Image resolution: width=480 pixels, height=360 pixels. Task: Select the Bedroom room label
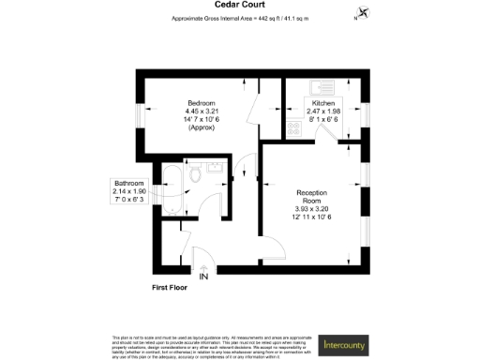202,102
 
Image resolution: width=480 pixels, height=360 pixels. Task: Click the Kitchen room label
322,102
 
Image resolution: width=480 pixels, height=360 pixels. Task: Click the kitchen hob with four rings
294,129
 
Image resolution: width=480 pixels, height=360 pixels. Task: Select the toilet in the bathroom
193,175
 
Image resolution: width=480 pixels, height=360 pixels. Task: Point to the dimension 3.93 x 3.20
313,209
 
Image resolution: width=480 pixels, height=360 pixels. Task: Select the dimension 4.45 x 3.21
202,111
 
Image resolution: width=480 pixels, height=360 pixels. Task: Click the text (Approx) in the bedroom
202,127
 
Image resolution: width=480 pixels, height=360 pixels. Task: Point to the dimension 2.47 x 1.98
322,111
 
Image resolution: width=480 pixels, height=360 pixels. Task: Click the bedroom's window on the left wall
139,114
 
